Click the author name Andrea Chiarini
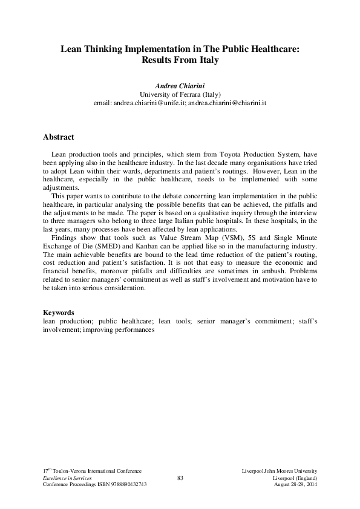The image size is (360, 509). tap(180, 86)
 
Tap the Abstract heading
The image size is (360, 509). tap(59, 137)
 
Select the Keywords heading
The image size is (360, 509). tap(59, 312)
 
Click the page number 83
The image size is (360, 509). tap(180, 478)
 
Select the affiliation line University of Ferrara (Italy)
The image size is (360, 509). tap(180, 95)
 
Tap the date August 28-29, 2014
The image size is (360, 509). tap(296, 485)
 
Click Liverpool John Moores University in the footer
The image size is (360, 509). tap(279, 470)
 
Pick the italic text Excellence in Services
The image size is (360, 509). tap(67, 478)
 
